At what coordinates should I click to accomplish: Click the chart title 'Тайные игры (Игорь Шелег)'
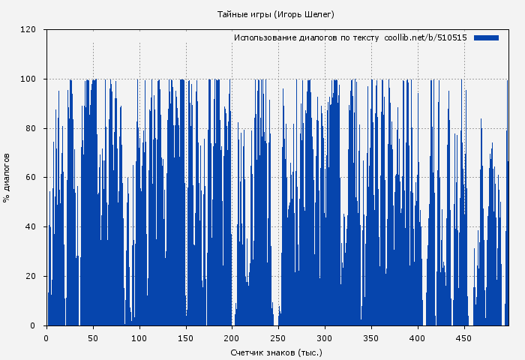pos(275,14)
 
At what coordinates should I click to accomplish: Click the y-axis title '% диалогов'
pos(7,178)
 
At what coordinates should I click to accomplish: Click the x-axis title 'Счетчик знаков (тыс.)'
pos(276,352)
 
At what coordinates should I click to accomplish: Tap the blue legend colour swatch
pos(486,37)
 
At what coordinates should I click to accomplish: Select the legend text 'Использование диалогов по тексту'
pos(307,37)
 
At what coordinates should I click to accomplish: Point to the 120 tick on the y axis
pos(28,30)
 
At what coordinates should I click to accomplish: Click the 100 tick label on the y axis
pos(28,79)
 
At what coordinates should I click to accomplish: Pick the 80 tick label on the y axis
pos(31,128)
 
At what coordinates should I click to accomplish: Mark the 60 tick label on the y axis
pos(31,178)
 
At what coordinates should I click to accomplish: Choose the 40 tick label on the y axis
pos(31,227)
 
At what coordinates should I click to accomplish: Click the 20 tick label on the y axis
pos(31,276)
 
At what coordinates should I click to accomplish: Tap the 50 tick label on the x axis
pos(93,338)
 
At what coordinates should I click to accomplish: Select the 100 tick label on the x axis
pos(139,338)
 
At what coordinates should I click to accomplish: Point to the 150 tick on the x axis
pos(186,338)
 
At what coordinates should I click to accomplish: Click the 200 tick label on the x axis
pos(232,338)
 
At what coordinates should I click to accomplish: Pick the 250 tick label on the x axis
pos(278,338)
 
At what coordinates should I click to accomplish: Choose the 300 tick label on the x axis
pos(325,338)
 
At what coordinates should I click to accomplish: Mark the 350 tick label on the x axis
pos(371,338)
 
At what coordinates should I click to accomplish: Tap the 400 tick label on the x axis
pos(418,338)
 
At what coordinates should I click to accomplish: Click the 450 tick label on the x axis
pos(464,338)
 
